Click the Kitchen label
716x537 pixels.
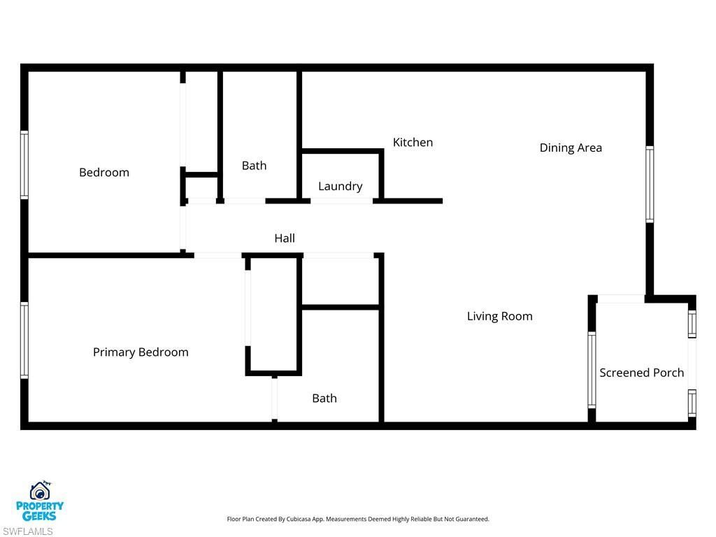coord(413,143)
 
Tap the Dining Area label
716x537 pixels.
coord(571,148)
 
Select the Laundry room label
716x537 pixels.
coord(340,186)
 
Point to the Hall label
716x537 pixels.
coord(285,238)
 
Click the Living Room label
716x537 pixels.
coord(499,316)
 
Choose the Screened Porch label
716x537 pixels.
coord(641,373)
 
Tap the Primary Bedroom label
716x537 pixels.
coord(141,352)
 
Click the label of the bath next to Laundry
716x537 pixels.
coord(254,166)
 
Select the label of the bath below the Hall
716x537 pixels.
coord(324,399)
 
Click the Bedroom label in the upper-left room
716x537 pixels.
coord(104,173)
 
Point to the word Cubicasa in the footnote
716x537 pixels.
coord(299,519)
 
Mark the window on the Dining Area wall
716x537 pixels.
coord(650,184)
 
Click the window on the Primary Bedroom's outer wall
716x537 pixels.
coord(24,340)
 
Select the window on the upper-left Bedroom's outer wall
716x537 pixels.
coord(24,165)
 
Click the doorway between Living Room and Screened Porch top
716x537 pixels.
coord(621,299)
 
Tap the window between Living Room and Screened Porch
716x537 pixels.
coord(592,370)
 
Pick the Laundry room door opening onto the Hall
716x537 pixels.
coord(341,201)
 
